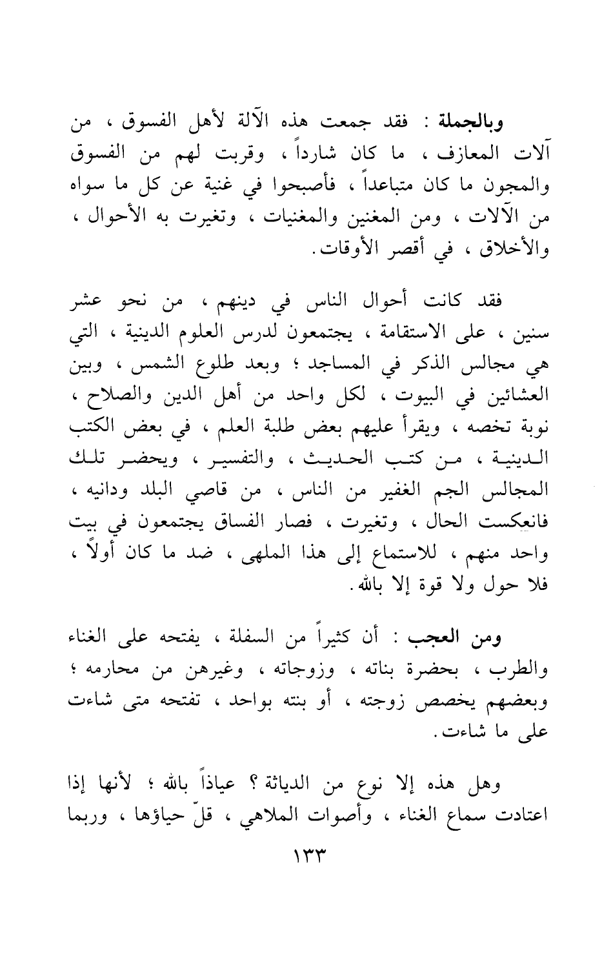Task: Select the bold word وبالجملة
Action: point(477,121)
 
